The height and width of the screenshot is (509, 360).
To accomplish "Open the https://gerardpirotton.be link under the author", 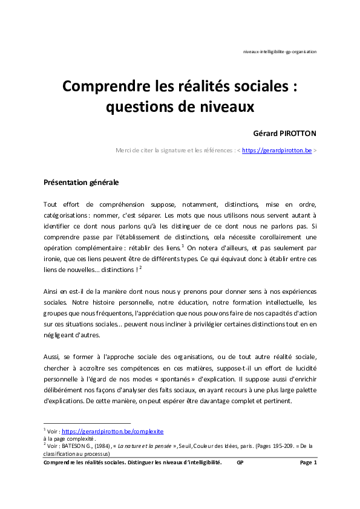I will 277,150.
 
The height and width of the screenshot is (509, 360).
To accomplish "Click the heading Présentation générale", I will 81,182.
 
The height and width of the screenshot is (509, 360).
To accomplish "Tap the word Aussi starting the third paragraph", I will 53,357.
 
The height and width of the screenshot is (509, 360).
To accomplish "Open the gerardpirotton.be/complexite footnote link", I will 113,432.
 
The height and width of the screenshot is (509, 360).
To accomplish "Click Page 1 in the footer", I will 308,462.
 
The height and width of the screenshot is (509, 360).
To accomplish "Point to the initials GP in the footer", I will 240,462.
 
